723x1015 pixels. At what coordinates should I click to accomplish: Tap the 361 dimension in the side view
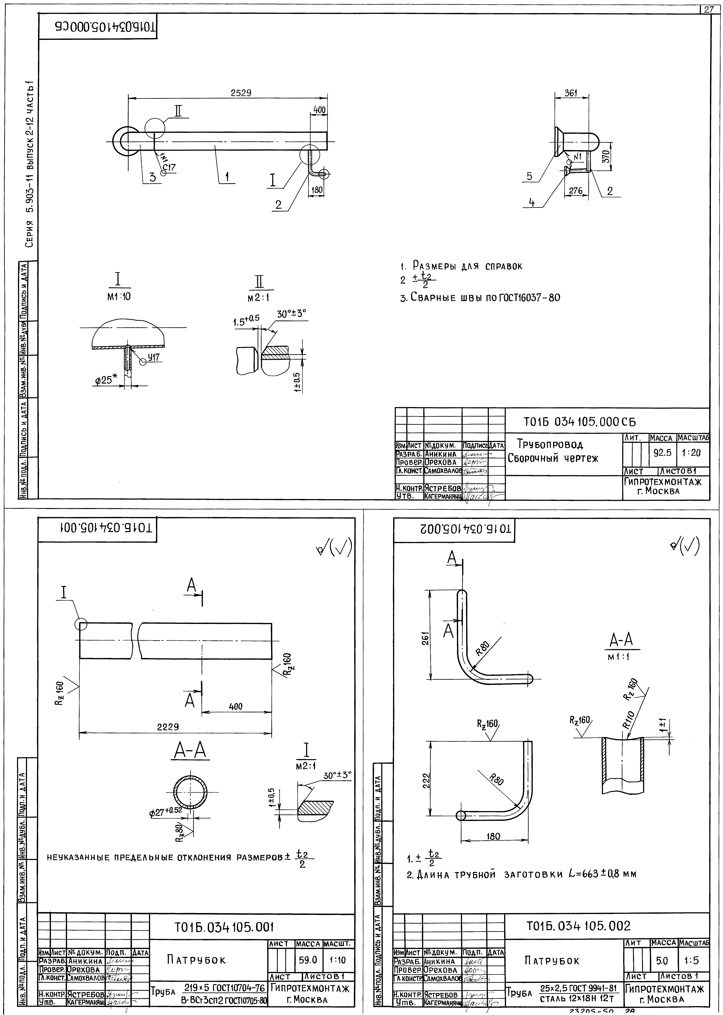tap(571, 93)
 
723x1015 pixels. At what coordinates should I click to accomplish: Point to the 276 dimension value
tap(576, 191)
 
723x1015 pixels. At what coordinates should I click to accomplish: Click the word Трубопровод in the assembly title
tap(550, 445)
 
